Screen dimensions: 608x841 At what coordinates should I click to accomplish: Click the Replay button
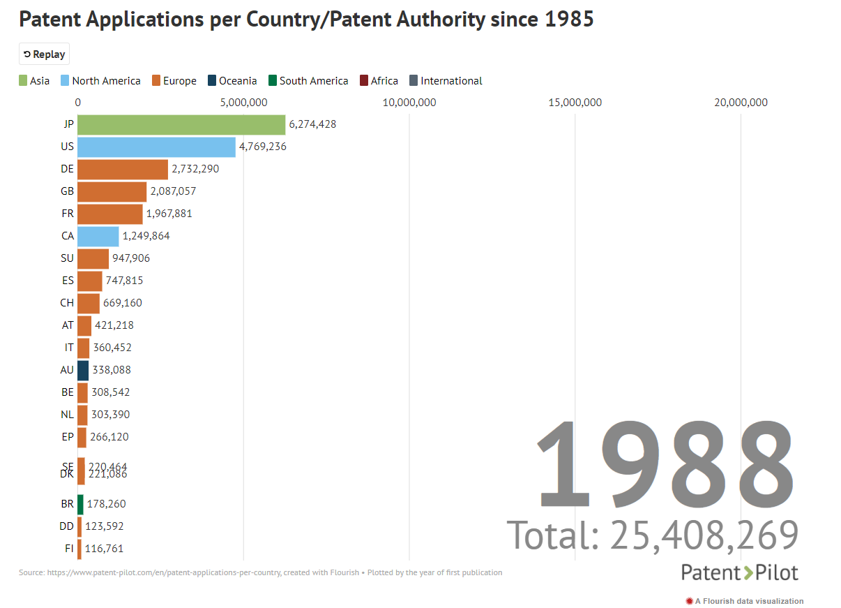44,54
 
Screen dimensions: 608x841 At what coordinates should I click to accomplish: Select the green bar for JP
181,125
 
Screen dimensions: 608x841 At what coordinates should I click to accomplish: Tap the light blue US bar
156,147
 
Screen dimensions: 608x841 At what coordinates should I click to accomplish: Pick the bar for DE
123,170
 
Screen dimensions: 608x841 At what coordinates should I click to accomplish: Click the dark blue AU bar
83,370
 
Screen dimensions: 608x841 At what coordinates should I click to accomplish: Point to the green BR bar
80,504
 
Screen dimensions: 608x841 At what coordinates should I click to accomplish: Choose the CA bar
98,237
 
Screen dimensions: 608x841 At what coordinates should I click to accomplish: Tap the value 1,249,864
146,236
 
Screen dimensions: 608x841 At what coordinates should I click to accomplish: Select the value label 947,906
131,258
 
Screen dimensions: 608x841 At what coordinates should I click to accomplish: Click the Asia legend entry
34,81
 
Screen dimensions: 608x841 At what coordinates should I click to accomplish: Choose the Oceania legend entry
232,81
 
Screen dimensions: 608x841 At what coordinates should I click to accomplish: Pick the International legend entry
446,81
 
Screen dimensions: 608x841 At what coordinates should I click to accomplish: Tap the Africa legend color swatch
363,81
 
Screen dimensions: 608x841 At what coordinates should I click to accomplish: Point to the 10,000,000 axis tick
409,103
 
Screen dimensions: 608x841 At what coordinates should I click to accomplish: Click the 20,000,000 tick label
741,103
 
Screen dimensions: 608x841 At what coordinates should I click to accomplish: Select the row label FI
69,549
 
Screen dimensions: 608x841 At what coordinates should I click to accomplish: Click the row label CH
67,303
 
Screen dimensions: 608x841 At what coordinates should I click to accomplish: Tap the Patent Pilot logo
739,573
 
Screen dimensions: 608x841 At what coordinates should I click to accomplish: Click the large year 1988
664,464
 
